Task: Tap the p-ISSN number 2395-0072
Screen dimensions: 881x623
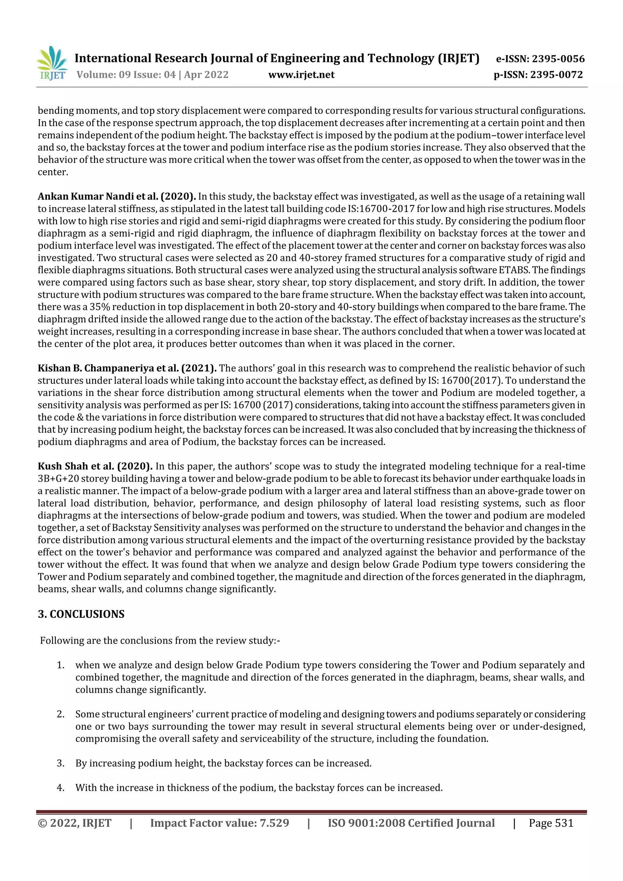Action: pyautogui.click(x=556, y=75)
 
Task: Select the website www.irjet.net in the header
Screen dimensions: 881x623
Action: pyautogui.click(x=301, y=75)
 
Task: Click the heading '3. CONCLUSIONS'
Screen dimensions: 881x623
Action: pyautogui.click(x=81, y=614)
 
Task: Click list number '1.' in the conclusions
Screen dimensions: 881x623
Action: pyautogui.click(x=61, y=665)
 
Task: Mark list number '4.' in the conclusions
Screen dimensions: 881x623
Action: pyautogui.click(x=61, y=788)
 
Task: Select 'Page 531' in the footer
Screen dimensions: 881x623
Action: pyautogui.click(x=551, y=823)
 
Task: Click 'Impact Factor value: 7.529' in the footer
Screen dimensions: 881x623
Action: pyautogui.click(x=220, y=823)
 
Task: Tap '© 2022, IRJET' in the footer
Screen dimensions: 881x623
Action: pyautogui.click(x=75, y=823)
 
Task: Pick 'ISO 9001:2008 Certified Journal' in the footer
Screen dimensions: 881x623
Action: pyautogui.click(x=411, y=823)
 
